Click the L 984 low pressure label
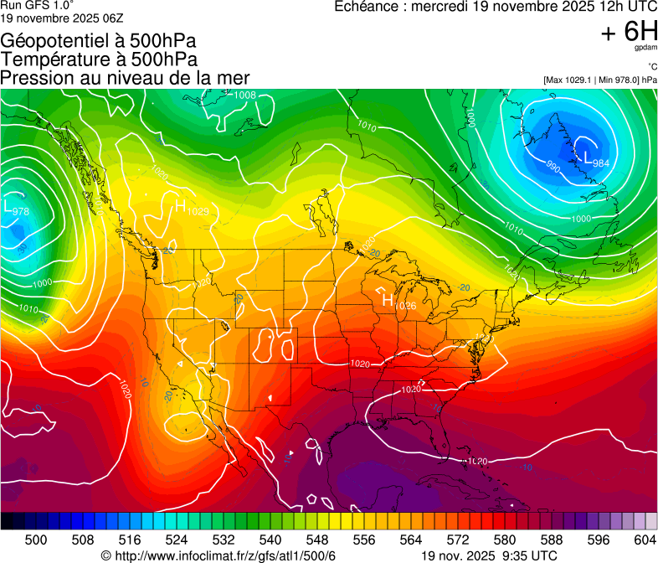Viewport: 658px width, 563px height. (x=595, y=161)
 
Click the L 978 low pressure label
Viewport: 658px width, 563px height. (x=17, y=209)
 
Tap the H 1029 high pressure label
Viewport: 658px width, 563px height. (x=191, y=209)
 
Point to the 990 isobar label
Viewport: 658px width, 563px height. (x=553, y=168)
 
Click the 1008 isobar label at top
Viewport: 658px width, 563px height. (x=244, y=96)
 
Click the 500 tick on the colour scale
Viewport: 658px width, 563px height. (x=37, y=539)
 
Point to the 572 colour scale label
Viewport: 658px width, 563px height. (x=459, y=539)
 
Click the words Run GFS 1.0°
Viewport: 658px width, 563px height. (x=37, y=5)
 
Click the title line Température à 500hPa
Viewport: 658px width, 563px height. (x=99, y=59)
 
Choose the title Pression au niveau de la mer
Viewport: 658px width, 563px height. (x=125, y=78)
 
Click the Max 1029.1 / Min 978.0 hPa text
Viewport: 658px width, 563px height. (x=599, y=80)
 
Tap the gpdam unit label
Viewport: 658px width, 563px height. (x=645, y=49)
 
